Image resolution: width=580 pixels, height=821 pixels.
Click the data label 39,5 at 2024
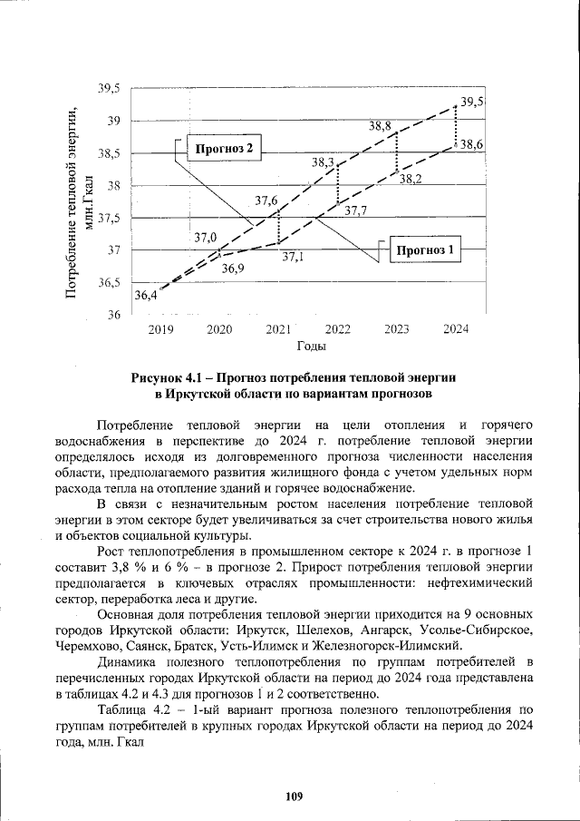pyautogui.click(x=472, y=102)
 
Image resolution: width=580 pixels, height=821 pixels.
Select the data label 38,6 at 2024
pyautogui.click(x=470, y=144)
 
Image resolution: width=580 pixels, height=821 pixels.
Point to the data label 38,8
pyautogui.click(x=380, y=126)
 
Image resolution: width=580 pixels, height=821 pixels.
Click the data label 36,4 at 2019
pyautogui.click(x=145, y=295)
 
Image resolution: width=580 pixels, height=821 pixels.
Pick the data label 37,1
pyautogui.click(x=292, y=257)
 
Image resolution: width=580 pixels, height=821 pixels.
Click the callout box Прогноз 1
pyautogui.click(x=426, y=249)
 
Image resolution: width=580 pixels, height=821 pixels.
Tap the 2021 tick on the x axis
pyautogui.click(x=278, y=329)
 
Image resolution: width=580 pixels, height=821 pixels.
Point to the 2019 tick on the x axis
pyautogui.click(x=160, y=329)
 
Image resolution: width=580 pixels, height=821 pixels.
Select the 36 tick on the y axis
pyautogui.click(x=114, y=316)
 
